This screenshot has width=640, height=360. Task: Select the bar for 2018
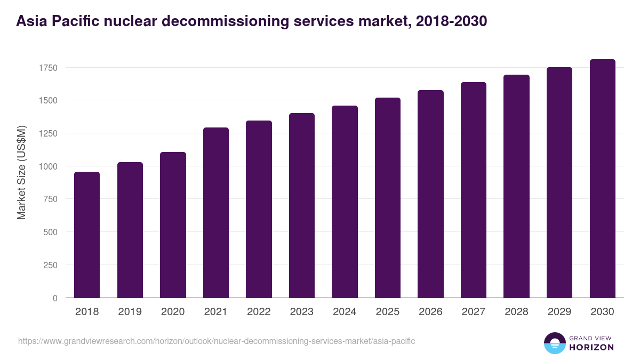pyautogui.click(x=87, y=235)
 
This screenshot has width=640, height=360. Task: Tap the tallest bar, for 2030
pyautogui.click(x=602, y=178)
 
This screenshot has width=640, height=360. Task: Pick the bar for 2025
pyautogui.click(x=388, y=197)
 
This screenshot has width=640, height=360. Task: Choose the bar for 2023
pyautogui.click(x=302, y=205)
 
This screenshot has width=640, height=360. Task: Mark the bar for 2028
pyautogui.click(x=516, y=186)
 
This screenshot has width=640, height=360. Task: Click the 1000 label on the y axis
pyautogui.click(x=47, y=166)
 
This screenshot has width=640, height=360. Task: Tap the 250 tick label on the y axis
pyautogui.click(x=50, y=265)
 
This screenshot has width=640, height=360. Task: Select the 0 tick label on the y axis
pyautogui.click(x=55, y=298)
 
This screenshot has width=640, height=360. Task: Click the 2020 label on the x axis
pyautogui.click(x=173, y=312)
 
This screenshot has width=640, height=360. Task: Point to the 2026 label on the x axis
pyautogui.click(x=430, y=312)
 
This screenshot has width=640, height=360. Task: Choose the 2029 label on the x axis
pyautogui.click(x=559, y=312)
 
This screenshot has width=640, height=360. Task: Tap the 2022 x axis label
pyautogui.click(x=259, y=312)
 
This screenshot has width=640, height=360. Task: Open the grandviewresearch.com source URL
pyautogui.click(x=217, y=341)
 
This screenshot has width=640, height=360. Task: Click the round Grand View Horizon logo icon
pyautogui.click(x=555, y=343)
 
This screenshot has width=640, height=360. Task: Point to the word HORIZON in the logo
pyautogui.click(x=592, y=347)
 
